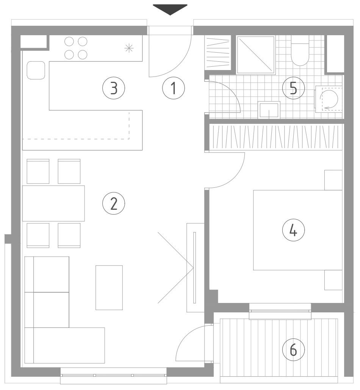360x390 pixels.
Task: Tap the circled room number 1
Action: tap(174, 88)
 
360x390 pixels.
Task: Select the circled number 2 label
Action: tap(114, 204)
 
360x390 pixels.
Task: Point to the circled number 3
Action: tap(114, 88)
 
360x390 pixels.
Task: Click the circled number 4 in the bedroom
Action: tap(294, 230)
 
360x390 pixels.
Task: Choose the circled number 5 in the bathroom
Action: tap(294, 88)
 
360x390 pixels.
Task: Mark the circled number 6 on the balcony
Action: tap(294, 350)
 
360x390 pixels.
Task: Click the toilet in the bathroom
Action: tap(300, 51)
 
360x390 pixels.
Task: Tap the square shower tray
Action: tap(256, 55)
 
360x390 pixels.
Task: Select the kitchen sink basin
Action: tap(36, 70)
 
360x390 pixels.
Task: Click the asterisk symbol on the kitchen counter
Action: tap(129, 48)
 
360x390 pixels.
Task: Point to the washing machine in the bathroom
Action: tap(329, 99)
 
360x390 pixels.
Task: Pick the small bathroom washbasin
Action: tap(269, 110)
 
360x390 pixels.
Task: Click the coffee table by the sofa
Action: tap(109, 288)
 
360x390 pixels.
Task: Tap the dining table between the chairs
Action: tap(53, 203)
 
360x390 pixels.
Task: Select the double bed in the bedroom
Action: tap(298, 230)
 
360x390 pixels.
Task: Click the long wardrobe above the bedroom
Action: tap(275, 137)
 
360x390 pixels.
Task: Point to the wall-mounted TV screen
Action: tap(194, 268)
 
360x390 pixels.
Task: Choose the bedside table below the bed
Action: tap(333, 280)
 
